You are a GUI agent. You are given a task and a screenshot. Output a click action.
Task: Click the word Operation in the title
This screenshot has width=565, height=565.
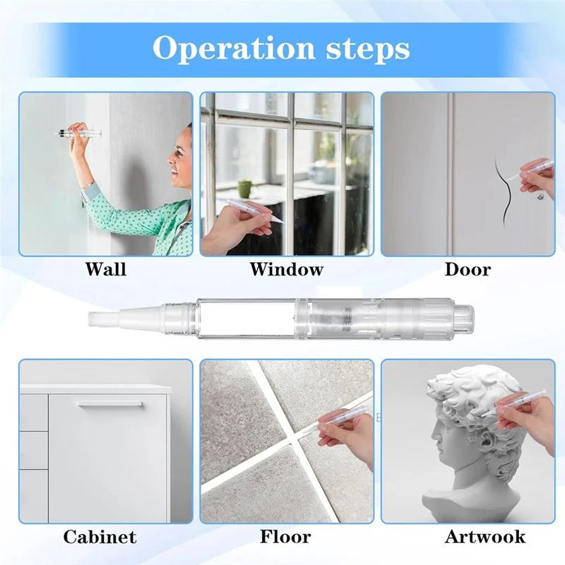[x=234, y=48]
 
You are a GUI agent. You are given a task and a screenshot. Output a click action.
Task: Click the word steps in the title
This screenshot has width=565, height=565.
[x=368, y=49]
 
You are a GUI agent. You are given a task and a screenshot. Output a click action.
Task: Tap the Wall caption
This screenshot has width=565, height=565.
[x=105, y=269]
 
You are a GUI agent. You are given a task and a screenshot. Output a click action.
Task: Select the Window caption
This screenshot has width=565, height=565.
[x=287, y=269]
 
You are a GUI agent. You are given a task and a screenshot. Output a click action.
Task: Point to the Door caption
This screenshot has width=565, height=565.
[x=468, y=269]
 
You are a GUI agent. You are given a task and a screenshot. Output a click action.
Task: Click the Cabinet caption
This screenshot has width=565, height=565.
[x=100, y=537]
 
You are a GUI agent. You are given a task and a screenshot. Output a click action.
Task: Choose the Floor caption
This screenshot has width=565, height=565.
[x=285, y=537]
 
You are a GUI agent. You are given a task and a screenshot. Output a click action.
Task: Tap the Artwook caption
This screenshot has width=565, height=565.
[x=485, y=537]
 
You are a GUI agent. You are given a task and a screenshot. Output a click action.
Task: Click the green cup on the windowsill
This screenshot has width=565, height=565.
[x=245, y=189]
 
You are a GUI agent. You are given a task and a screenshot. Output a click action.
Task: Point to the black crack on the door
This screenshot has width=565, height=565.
[x=504, y=189]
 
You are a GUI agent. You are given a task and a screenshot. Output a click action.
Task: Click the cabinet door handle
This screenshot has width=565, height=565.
[x=110, y=404]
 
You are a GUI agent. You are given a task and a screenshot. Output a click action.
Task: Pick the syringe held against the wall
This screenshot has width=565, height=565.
[x=78, y=133]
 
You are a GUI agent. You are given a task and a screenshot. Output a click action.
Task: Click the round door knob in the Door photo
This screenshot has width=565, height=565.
[x=540, y=197]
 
